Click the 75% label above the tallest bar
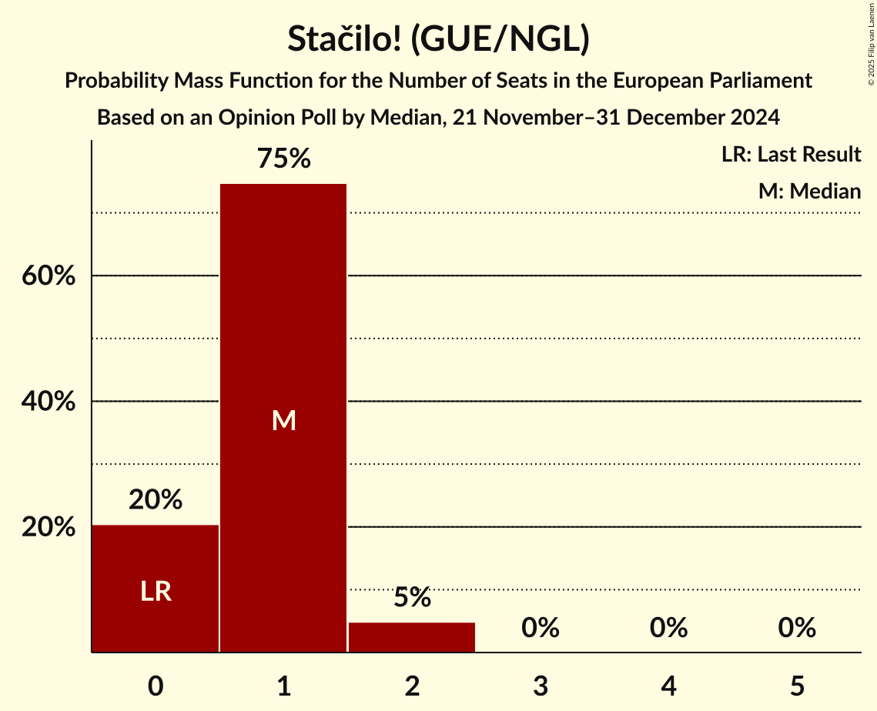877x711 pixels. pyautogui.click(x=283, y=159)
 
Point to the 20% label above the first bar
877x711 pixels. pyautogui.click(x=156, y=500)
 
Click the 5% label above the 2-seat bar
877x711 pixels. pyautogui.click(x=412, y=598)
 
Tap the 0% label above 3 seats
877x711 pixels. pyautogui.click(x=541, y=629)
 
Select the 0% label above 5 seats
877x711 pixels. pyautogui.click(x=797, y=629)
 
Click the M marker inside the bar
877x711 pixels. pyautogui.click(x=283, y=420)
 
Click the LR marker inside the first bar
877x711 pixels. pyautogui.click(x=156, y=592)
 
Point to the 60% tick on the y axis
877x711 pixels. pyautogui.click(x=49, y=275)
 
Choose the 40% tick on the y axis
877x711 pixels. pyautogui.click(x=49, y=402)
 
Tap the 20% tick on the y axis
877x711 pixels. pyautogui.click(x=49, y=528)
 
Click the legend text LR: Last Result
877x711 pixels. pyautogui.click(x=791, y=155)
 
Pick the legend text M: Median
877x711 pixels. pyautogui.click(x=809, y=191)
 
